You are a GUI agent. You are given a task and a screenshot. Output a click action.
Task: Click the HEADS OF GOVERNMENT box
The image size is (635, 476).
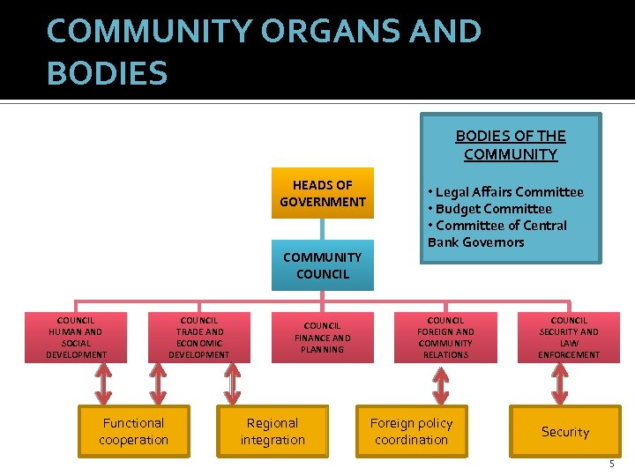click(x=322, y=193)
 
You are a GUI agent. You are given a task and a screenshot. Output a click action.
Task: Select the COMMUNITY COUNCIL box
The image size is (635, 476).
click(x=322, y=265)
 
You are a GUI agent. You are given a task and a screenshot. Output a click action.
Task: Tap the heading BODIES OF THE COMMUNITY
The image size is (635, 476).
click(x=511, y=145)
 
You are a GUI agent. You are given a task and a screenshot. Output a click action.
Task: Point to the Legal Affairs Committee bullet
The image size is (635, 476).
click(x=505, y=192)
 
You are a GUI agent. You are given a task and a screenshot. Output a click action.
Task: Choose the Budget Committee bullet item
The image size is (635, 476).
click(x=489, y=209)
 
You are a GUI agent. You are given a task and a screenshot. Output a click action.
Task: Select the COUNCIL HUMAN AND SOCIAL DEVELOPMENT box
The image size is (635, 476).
click(x=76, y=338)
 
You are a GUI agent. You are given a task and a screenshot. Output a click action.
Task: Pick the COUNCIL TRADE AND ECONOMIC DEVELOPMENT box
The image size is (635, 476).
click(x=199, y=338)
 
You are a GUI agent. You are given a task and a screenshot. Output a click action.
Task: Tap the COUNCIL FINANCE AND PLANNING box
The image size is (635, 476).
click(x=322, y=338)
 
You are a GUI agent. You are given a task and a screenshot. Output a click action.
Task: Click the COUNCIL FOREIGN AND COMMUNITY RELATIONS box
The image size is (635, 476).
click(x=445, y=338)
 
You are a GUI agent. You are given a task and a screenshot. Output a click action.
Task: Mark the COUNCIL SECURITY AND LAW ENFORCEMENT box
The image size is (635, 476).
click(x=569, y=338)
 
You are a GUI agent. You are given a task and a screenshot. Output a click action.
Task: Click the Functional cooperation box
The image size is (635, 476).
click(x=133, y=432)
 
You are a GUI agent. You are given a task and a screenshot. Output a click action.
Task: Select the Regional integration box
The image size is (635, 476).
click(x=273, y=432)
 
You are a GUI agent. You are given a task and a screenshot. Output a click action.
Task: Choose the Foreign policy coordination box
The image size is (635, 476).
click(x=411, y=432)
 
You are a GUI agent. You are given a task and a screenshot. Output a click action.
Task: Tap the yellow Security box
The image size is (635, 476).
click(x=564, y=432)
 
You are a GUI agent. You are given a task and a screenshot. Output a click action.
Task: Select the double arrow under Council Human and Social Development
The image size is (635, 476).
click(x=103, y=384)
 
